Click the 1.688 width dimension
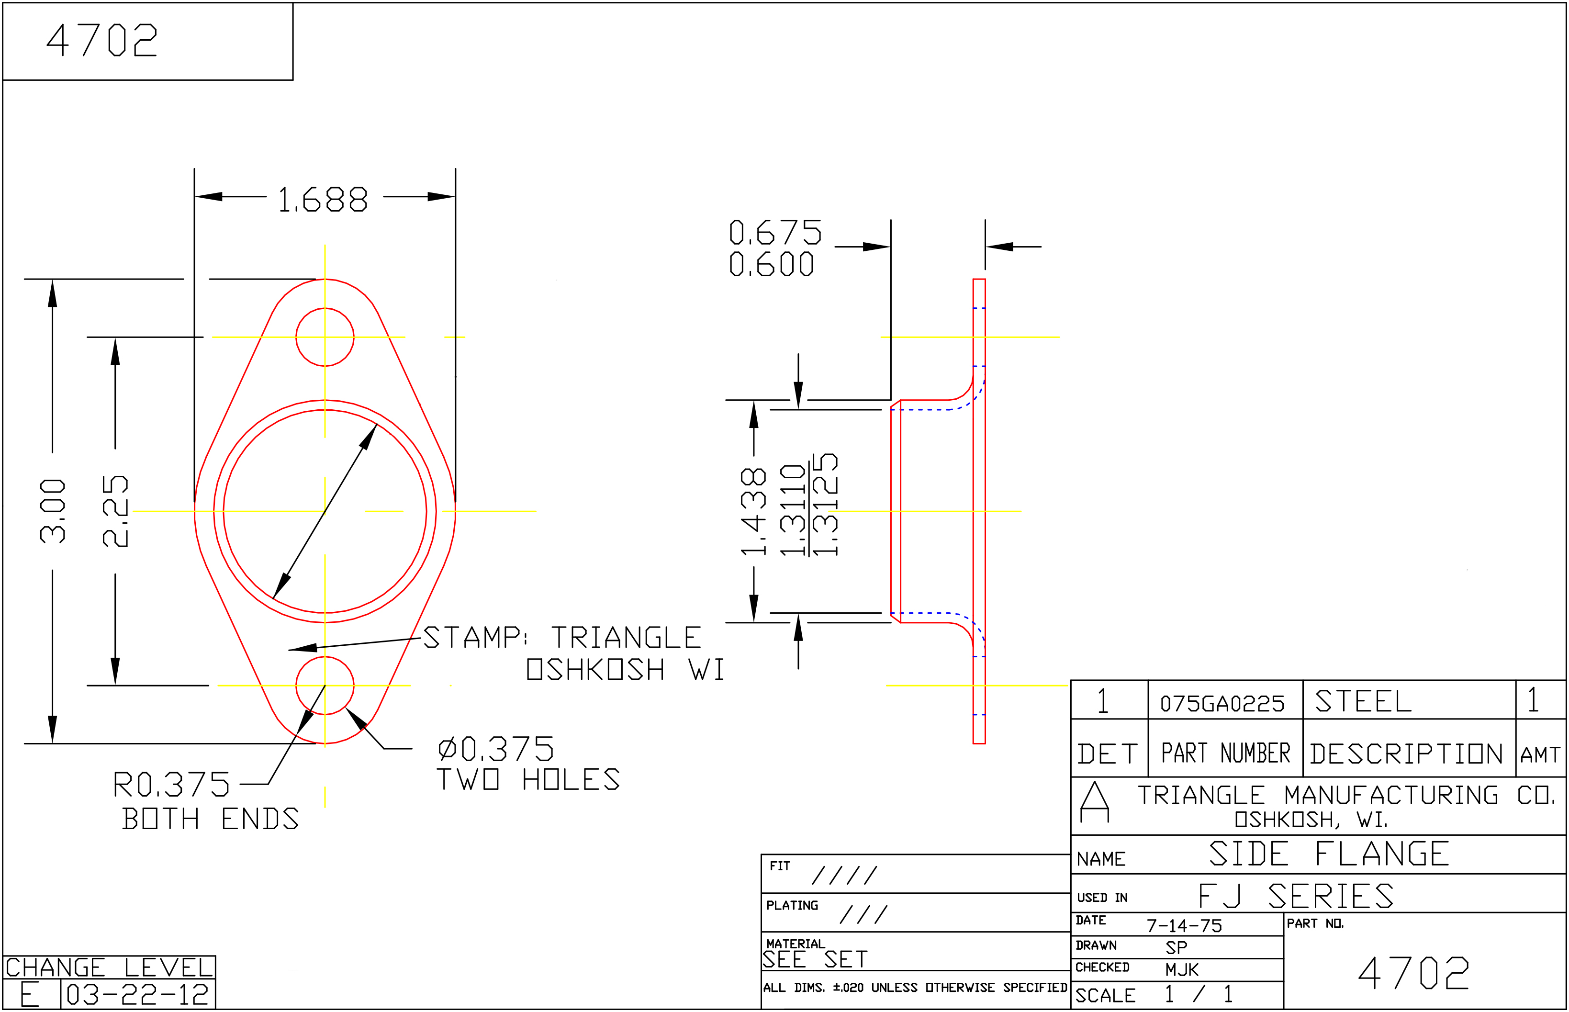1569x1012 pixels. point(323,199)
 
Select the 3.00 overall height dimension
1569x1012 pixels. point(53,511)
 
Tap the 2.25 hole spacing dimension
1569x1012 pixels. point(116,511)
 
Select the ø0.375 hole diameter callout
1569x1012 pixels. point(495,749)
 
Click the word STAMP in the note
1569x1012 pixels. point(472,638)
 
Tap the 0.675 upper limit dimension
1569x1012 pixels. point(775,233)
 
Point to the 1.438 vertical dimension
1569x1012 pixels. point(753,511)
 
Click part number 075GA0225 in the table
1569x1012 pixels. point(1222,704)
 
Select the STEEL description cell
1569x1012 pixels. point(1363,701)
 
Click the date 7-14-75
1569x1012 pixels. point(1184,925)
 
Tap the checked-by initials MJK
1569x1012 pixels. point(1181,969)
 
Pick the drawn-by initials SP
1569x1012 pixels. point(1176,947)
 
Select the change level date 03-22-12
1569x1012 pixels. point(137,994)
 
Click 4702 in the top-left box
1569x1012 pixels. point(102,41)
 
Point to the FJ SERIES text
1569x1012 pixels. point(1296,896)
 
